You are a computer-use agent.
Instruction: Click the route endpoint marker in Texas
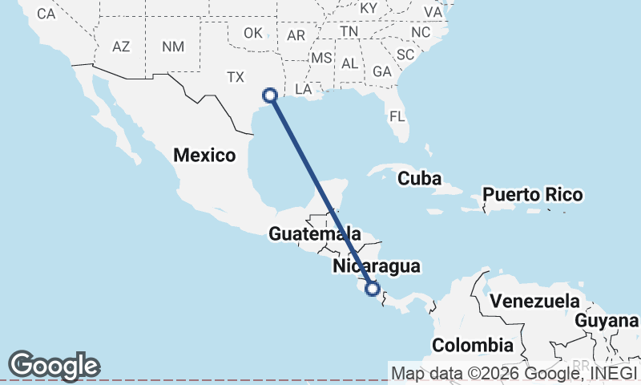pyautogui.click(x=270, y=95)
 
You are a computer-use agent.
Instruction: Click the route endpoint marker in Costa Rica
pyautogui.click(x=372, y=289)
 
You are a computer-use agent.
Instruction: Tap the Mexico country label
pyautogui.click(x=205, y=156)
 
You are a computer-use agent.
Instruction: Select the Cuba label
pyautogui.click(x=420, y=179)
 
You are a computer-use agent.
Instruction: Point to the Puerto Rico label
pyautogui.click(x=533, y=195)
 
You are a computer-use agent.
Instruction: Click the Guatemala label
pyautogui.click(x=313, y=234)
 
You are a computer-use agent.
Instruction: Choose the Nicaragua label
pyautogui.click(x=377, y=266)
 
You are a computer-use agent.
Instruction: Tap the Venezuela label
pyautogui.click(x=535, y=302)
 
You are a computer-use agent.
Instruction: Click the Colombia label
pyautogui.click(x=473, y=346)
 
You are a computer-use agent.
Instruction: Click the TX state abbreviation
pyautogui.click(x=235, y=77)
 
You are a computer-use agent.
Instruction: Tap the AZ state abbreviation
pyautogui.click(x=121, y=47)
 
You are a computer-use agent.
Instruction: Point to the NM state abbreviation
pyautogui.click(x=172, y=47)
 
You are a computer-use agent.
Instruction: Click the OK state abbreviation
pyautogui.click(x=253, y=33)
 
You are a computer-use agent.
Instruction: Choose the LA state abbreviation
pyautogui.click(x=304, y=89)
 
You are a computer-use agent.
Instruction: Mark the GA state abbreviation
pyautogui.click(x=381, y=71)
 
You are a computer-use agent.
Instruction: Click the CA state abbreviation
pyautogui.click(x=46, y=14)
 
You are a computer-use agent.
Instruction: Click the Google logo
pyautogui.click(x=54, y=366)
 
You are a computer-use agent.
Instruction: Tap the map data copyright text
pyautogui.click(x=514, y=372)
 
